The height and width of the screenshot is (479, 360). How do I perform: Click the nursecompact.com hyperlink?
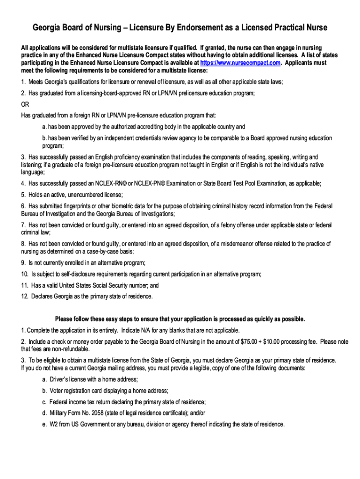coord(240,63)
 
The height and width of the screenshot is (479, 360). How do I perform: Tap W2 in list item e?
coord(54,424)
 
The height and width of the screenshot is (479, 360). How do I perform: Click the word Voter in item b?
coord(57,391)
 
